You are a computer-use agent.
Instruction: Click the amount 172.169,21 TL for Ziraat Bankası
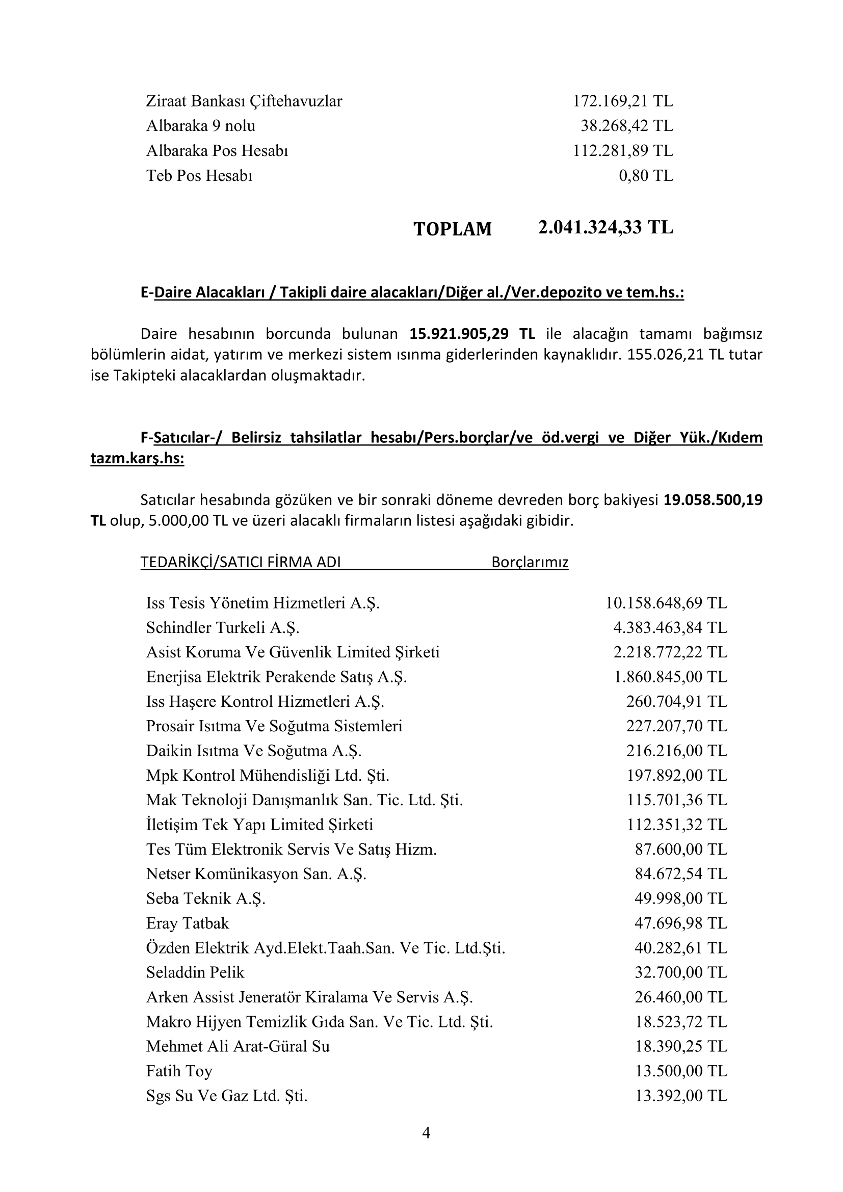(x=622, y=101)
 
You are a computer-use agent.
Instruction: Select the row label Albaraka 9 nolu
(x=200, y=126)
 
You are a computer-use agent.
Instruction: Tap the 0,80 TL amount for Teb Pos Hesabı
(x=646, y=175)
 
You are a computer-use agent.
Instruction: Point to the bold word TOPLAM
(x=452, y=229)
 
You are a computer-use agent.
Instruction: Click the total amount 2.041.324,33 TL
(x=605, y=227)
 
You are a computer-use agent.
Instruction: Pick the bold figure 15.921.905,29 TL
(x=472, y=334)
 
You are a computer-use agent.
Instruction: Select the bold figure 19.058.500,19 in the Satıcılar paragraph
(x=713, y=500)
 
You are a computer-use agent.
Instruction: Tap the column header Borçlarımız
(x=530, y=562)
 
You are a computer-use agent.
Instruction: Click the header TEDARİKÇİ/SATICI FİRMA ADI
(x=241, y=562)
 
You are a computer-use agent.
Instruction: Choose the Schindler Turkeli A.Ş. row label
(x=223, y=628)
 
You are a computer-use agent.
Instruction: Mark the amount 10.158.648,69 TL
(x=666, y=603)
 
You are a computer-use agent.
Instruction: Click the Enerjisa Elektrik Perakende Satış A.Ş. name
(x=276, y=677)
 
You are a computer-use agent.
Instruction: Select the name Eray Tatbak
(x=188, y=923)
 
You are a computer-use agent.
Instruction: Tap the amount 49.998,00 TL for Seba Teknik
(x=680, y=898)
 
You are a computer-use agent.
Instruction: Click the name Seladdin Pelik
(x=195, y=972)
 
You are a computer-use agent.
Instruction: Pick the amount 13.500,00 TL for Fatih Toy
(x=681, y=1071)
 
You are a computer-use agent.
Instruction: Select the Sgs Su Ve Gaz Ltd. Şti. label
(x=227, y=1096)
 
